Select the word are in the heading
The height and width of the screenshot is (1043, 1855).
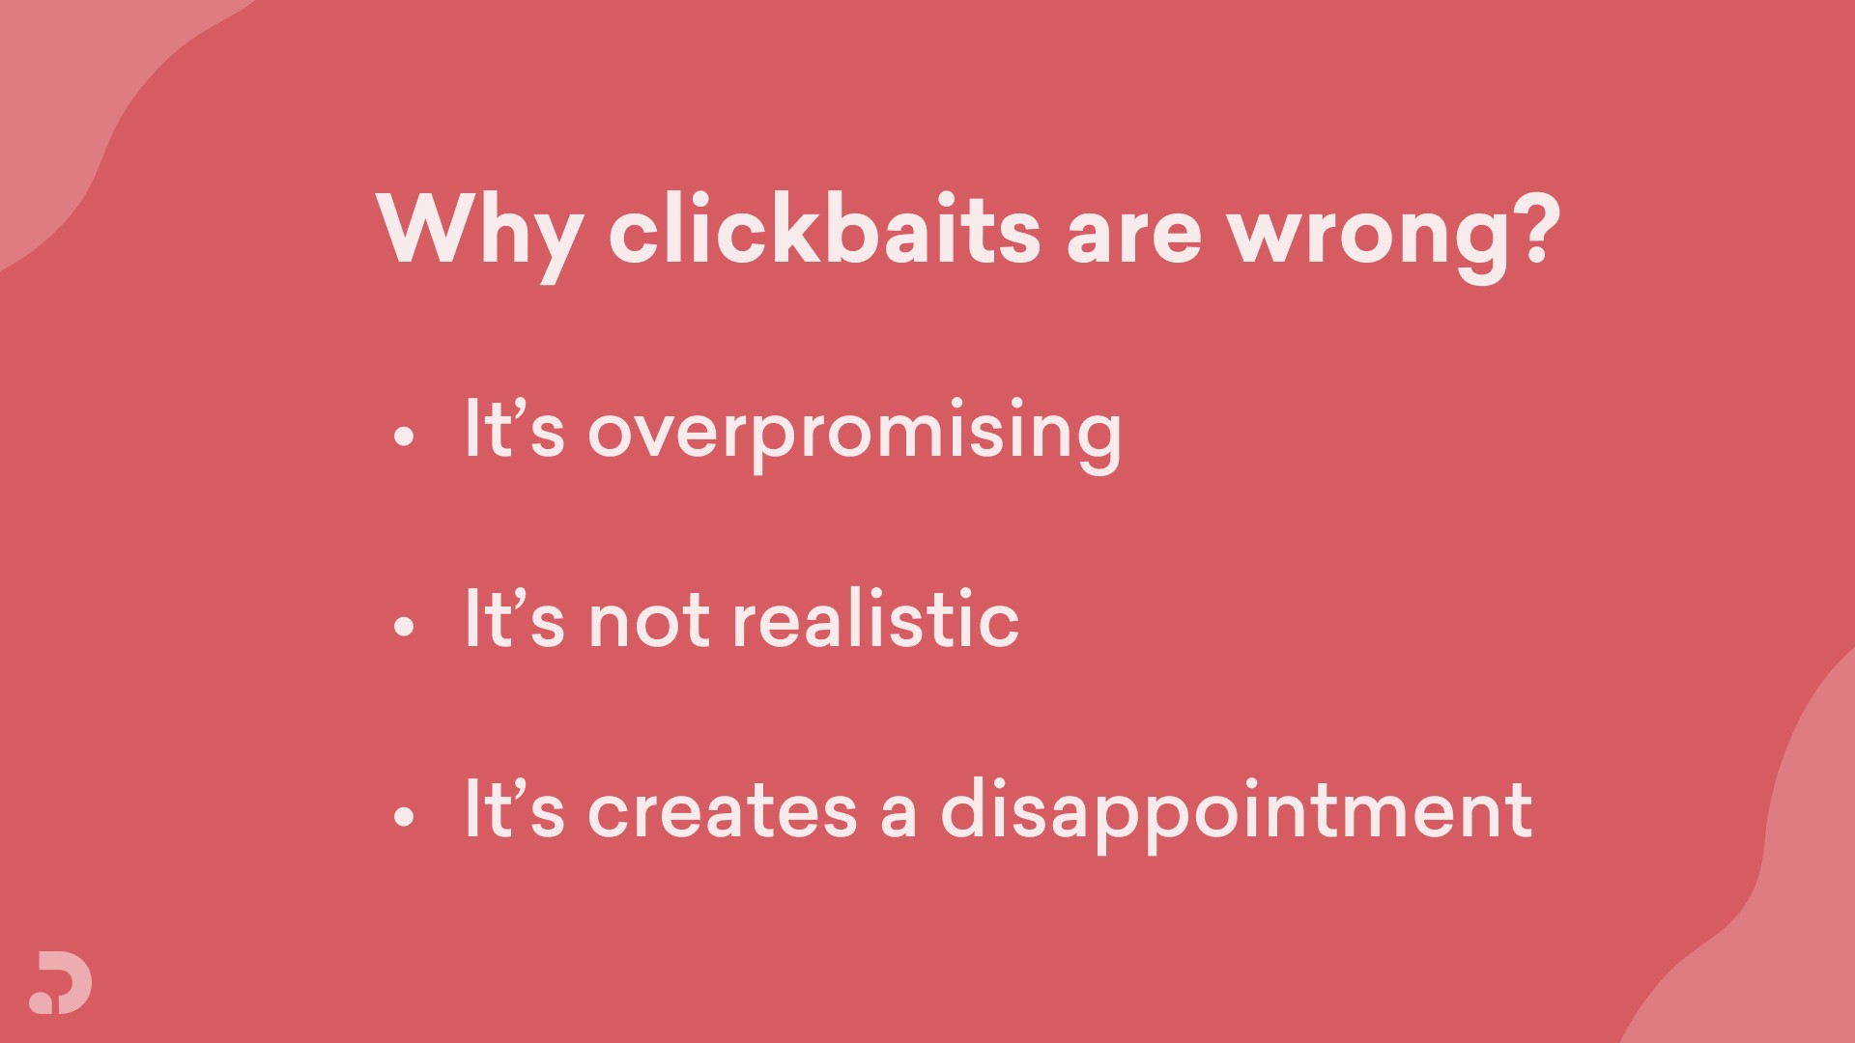1134,239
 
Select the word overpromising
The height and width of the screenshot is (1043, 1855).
855,435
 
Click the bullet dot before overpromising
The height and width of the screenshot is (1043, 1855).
404,437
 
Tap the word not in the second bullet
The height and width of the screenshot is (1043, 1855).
649,622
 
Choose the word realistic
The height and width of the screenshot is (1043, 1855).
876,617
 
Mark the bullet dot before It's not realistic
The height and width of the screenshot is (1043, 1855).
404,627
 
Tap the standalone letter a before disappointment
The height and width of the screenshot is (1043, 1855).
899,813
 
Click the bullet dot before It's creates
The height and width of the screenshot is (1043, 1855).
404,817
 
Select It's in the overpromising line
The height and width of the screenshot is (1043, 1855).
514,428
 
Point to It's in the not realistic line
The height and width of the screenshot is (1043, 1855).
514,618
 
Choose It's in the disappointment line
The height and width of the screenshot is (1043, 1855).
514,808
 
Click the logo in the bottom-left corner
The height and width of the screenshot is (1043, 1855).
60,983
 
